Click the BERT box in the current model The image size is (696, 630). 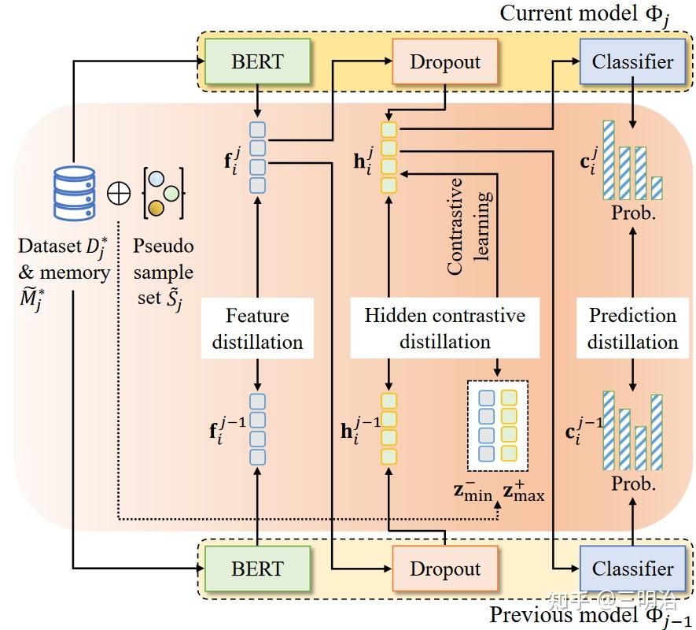coord(257,61)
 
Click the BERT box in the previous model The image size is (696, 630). coord(257,568)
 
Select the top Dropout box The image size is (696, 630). coord(444,61)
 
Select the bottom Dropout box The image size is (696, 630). coord(444,569)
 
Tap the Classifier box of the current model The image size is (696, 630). coord(632,61)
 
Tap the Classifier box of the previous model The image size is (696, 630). coord(632,568)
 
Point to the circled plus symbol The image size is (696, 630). coord(119,193)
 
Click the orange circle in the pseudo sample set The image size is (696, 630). coord(157,208)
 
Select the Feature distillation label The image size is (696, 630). coord(257,328)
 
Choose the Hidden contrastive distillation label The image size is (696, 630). coord(444,328)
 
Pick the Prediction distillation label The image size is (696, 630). coord(632,328)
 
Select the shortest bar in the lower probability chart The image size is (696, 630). coord(640,448)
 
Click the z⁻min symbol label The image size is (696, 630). coord(472,493)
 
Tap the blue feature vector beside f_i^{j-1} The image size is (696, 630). coord(258,429)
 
